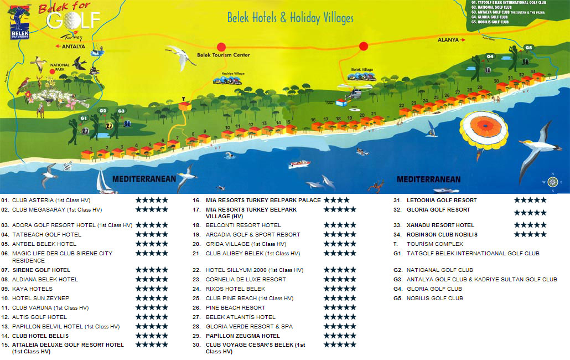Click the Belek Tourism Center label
(x=223, y=55)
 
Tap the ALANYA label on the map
(x=448, y=40)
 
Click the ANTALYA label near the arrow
(x=74, y=47)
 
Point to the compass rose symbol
(x=552, y=182)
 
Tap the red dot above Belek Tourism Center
(x=221, y=47)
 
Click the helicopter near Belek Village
(x=353, y=94)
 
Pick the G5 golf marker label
(x=528, y=48)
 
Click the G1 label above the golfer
(x=84, y=118)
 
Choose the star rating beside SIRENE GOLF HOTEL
(x=152, y=270)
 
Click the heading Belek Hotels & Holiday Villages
(x=290, y=18)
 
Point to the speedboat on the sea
(x=299, y=164)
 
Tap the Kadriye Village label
(x=233, y=73)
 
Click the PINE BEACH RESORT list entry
(x=235, y=308)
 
